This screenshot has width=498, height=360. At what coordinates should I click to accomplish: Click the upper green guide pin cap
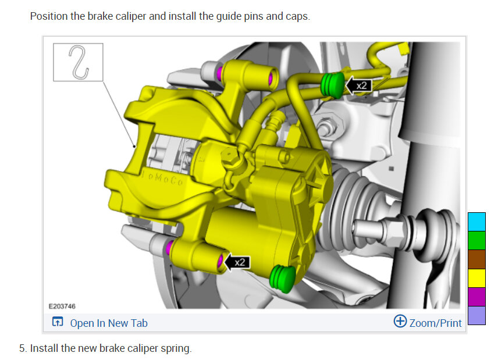pyautogui.click(x=333, y=85)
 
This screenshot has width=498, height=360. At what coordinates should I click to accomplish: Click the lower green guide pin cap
pyautogui.click(x=282, y=279)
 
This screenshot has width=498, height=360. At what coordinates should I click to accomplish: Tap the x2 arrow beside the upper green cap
pyautogui.click(x=358, y=85)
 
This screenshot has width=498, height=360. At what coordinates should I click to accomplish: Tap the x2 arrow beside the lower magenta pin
pyautogui.click(x=237, y=262)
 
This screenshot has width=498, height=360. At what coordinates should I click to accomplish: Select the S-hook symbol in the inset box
pyautogui.click(x=79, y=62)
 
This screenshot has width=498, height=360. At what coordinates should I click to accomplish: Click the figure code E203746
pyautogui.click(x=62, y=306)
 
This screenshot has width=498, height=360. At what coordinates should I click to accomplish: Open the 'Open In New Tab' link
pyautogui.click(x=109, y=323)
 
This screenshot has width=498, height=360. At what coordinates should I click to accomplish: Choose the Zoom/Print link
pyautogui.click(x=435, y=323)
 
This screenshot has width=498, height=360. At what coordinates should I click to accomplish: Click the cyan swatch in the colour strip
pyautogui.click(x=476, y=222)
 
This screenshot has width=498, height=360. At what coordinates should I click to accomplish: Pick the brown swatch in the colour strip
pyautogui.click(x=476, y=259)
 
